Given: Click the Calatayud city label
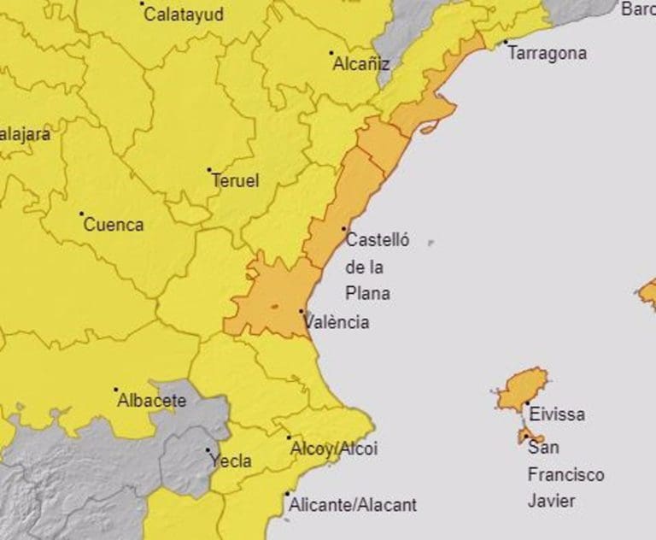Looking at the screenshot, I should click(184, 15).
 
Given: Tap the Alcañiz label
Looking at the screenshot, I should click(361, 63).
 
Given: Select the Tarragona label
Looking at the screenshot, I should click(548, 53).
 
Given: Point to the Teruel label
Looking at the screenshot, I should click(235, 181).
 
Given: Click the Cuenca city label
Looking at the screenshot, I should click(113, 226).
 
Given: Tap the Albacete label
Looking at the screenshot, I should click(151, 400).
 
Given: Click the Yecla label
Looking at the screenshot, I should click(231, 461).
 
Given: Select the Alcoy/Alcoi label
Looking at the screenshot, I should click(334, 449).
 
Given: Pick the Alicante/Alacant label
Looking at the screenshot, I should click(353, 505).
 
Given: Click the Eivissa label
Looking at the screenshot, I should click(557, 414).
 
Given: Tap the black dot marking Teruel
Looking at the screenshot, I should click(209, 170).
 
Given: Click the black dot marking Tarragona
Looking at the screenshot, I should click(505, 42).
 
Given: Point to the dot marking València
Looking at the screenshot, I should click(302, 312).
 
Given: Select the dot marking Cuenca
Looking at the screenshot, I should click(82, 214).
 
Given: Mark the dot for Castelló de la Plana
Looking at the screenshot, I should click(344, 229).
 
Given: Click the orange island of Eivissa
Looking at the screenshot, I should click(520, 390).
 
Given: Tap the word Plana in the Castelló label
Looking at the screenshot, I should click(367, 293).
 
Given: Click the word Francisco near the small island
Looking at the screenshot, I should click(565, 474).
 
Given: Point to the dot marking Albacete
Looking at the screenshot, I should click(116, 390).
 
